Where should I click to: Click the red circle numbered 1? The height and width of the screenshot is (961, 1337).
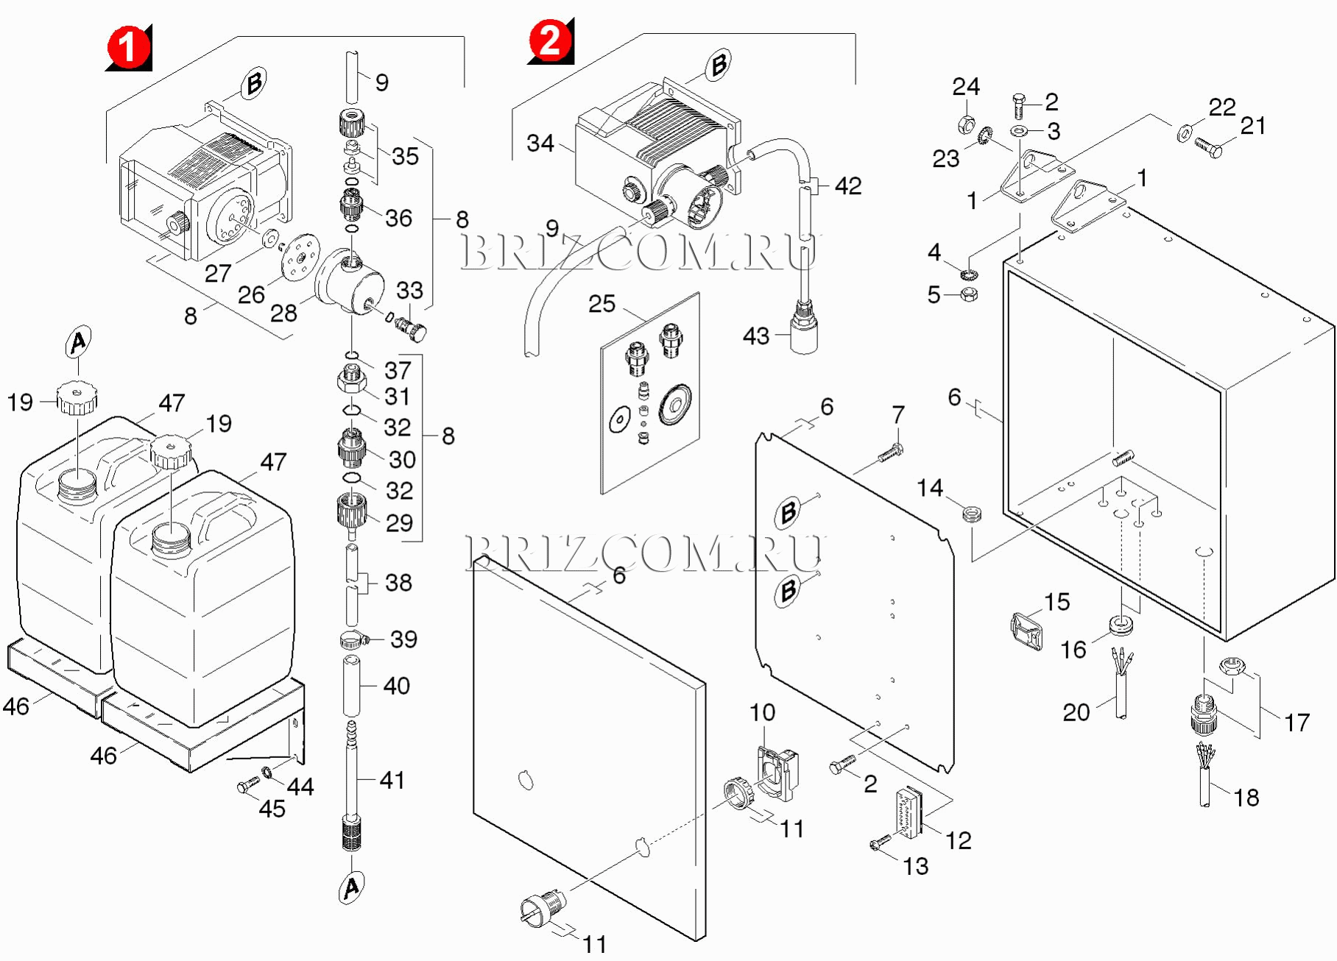(x=129, y=48)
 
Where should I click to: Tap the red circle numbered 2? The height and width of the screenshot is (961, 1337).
(x=550, y=40)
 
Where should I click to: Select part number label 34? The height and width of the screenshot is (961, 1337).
(x=540, y=143)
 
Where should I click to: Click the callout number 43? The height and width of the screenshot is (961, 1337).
(x=756, y=336)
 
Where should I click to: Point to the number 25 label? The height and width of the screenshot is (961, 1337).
(x=602, y=303)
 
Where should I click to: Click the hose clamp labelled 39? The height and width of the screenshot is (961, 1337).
(x=354, y=640)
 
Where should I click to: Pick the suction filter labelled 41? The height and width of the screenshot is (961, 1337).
(x=353, y=795)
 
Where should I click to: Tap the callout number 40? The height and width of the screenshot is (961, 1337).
(x=396, y=686)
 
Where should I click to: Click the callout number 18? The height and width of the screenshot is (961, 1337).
(x=1246, y=798)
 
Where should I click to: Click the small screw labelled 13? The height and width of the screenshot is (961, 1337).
(x=879, y=842)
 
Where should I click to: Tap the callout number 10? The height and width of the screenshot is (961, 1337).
(x=762, y=712)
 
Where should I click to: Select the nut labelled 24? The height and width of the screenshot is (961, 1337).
(x=966, y=124)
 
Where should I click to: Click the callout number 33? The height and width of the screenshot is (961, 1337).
(x=409, y=290)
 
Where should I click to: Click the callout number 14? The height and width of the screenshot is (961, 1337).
(x=929, y=487)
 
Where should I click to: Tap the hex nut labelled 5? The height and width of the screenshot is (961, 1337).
(x=970, y=295)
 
